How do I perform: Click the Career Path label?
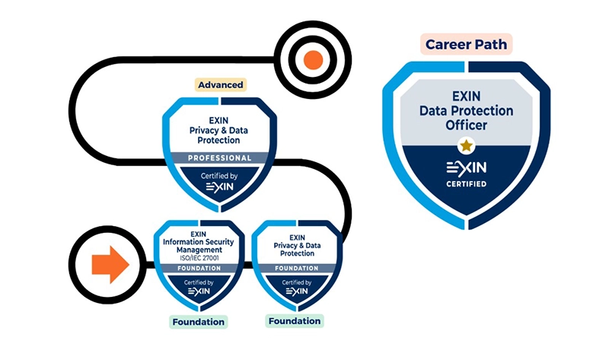(467, 43)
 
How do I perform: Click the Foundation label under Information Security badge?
(199, 321)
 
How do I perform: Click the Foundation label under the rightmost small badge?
(295, 320)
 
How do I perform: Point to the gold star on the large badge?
(466, 144)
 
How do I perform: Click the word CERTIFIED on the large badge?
(466, 183)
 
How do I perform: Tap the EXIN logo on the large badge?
(466, 167)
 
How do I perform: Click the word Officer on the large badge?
(467, 124)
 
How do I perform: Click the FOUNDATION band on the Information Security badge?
(198, 268)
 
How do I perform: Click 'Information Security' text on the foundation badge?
(198, 241)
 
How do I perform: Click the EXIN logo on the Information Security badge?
(198, 291)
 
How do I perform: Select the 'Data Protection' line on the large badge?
(467, 110)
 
